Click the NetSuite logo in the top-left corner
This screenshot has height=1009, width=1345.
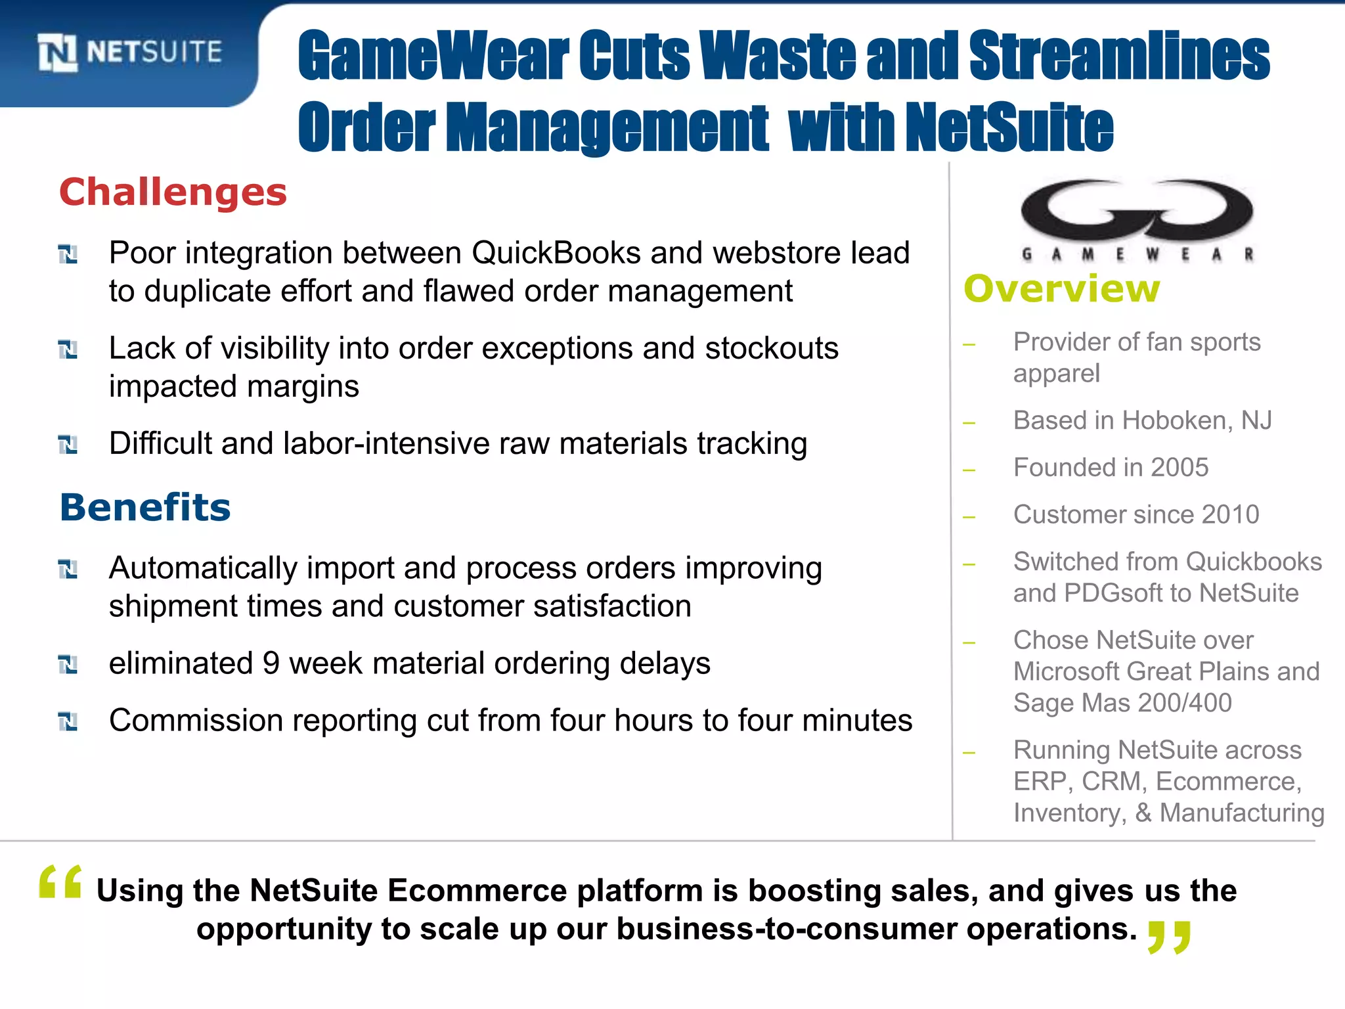[129, 52]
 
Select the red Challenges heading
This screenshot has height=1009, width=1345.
[173, 192]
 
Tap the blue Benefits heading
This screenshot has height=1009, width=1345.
[145, 508]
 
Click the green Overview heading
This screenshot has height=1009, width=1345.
[1061, 289]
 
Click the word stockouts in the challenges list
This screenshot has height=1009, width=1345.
[771, 349]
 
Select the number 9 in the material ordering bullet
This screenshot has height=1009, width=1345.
[271, 663]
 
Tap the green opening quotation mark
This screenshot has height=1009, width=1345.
[60, 882]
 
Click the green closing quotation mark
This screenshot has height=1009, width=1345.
[1168, 937]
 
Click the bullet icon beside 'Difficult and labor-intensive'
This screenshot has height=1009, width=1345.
[68, 445]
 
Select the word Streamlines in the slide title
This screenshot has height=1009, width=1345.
[1118, 56]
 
